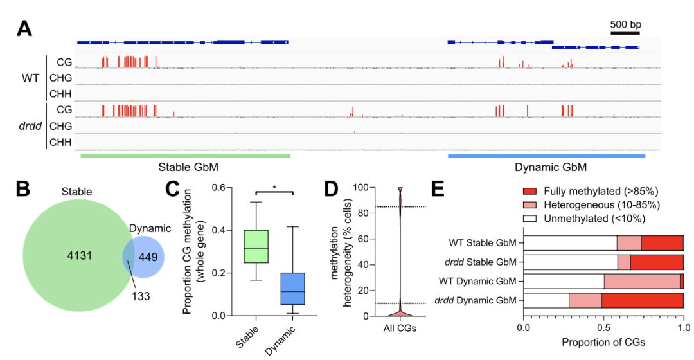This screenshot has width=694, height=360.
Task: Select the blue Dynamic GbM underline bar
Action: (546, 155)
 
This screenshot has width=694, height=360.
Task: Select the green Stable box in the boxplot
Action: (256, 246)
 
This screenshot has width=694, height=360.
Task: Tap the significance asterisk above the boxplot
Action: (274, 187)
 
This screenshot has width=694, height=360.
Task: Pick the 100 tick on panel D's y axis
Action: (364, 188)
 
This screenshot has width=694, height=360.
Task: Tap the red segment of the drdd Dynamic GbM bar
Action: (643, 300)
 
